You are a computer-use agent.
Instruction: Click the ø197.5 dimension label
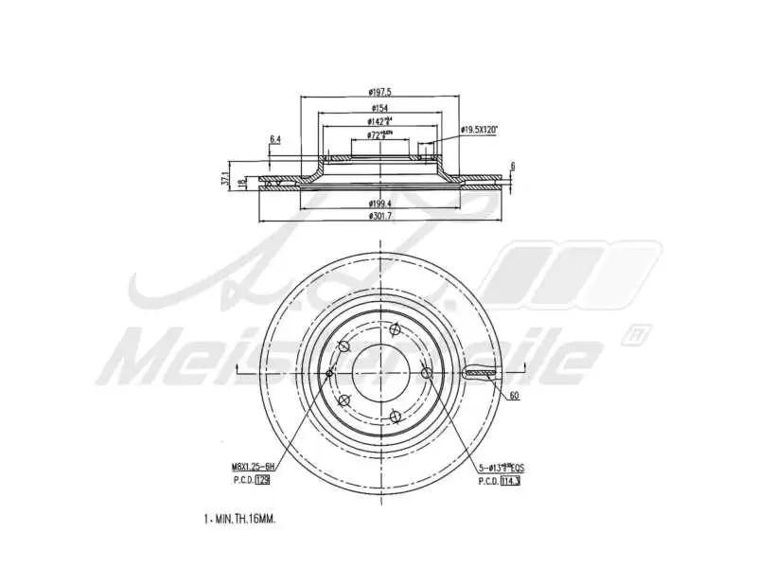click(x=380, y=92)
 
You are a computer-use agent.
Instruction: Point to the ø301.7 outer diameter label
click(x=380, y=217)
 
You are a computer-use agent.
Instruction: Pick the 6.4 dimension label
click(x=275, y=139)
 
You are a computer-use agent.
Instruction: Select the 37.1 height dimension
click(x=225, y=177)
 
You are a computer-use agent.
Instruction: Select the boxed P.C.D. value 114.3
click(x=512, y=481)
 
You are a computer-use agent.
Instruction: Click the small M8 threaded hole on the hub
click(x=329, y=374)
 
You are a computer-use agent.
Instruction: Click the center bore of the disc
click(x=379, y=374)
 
